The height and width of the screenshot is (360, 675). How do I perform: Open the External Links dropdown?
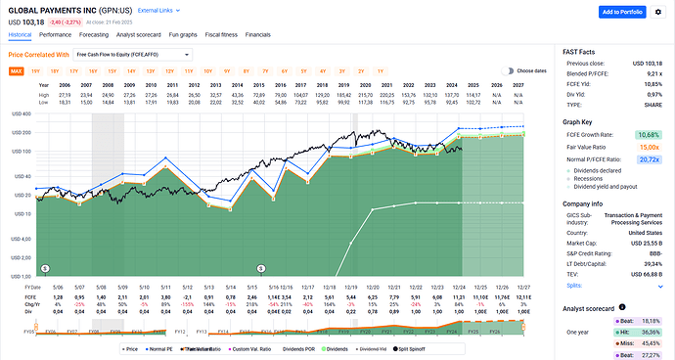click(157, 9)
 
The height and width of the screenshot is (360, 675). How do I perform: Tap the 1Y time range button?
click(378, 71)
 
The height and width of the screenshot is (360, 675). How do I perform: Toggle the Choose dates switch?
click(508, 70)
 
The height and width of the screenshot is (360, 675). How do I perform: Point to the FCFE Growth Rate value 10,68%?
click(649, 134)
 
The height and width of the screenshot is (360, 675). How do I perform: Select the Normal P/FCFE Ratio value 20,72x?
click(650, 157)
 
